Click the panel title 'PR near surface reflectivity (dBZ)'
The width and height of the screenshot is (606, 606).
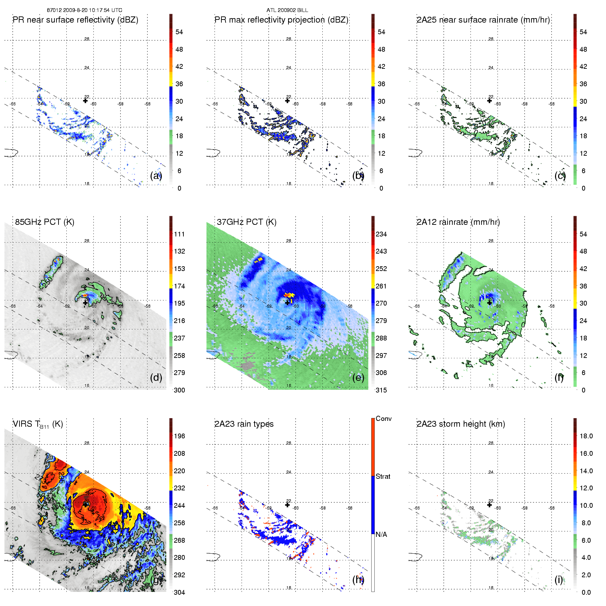pyautogui.click(x=75, y=20)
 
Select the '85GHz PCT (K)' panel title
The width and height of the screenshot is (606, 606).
pyautogui.click(x=44, y=222)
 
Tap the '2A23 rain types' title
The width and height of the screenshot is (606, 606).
pyautogui.click(x=244, y=424)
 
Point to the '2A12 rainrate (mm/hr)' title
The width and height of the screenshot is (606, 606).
pyautogui.click(x=458, y=222)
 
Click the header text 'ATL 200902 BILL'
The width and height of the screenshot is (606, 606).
pyautogui.click(x=287, y=10)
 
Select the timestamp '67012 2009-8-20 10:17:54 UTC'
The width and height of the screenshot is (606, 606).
pyautogui.click(x=85, y=10)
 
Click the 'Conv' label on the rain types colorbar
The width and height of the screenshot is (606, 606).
pyautogui.click(x=384, y=418)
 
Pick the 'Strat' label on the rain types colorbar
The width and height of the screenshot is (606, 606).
pyautogui.click(x=383, y=476)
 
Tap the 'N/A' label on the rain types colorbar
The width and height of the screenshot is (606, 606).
pyautogui.click(x=381, y=534)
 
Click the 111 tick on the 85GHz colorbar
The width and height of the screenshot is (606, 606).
pyautogui.click(x=179, y=234)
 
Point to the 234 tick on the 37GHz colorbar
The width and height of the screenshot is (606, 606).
pyautogui.click(x=381, y=234)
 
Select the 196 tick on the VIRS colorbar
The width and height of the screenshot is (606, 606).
pyautogui.click(x=179, y=436)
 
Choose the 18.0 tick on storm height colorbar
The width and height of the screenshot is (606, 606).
pyautogui.click(x=586, y=436)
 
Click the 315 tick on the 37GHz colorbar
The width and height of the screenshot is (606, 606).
pyautogui.click(x=381, y=390)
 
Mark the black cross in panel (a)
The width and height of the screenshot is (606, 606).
pyautogui.click(x=85, y=101)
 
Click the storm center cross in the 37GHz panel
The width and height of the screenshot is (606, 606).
pyautogui.click(x=287, y=303)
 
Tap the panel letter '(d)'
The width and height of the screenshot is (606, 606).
pyautogui.click(x=156, y=377)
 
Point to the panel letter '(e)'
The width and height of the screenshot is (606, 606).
pyautogui.click(x=358, y=377)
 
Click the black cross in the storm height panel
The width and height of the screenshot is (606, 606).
pyautogui.click(x=489, y=505)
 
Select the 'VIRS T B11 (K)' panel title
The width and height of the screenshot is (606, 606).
pyautogui.click(x=38, y=424)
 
